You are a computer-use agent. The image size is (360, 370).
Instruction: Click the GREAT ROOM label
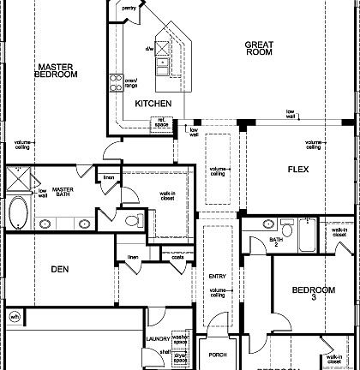click(258, 48)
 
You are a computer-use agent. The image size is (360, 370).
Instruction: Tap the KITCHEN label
click(153, 104)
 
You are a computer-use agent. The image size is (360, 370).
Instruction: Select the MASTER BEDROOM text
click(56, 70)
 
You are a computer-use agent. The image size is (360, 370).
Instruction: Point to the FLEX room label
click(297, 169)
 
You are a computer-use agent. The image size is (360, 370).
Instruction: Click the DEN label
click(59, 269)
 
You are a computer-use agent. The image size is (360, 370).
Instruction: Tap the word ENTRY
click(217, 276)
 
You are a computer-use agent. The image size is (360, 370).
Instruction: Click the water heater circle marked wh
click(14, 317)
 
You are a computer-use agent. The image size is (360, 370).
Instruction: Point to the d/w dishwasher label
click(149, 49)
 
